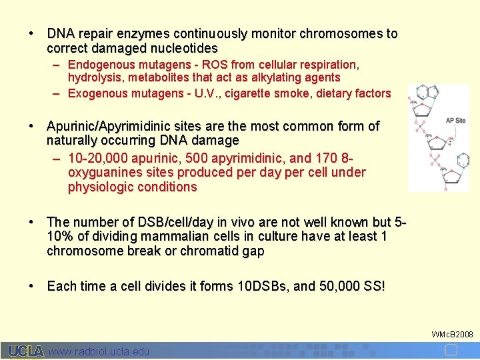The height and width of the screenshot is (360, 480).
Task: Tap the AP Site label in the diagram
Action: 456,120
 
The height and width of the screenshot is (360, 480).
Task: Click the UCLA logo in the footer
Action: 25,351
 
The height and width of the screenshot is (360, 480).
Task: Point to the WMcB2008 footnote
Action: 453,333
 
